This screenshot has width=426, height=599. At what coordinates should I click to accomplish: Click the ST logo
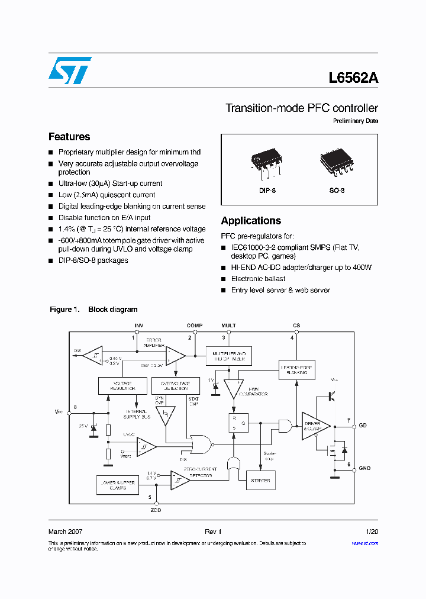(x=70, y=70)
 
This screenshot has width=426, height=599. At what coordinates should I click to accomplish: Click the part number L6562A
(x=353, y=78)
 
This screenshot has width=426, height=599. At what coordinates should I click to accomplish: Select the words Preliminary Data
(x=356, y=121)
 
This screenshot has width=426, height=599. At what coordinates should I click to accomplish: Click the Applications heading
(x=251, y=221)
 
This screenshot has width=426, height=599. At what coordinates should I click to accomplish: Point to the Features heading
(x=69, y=137)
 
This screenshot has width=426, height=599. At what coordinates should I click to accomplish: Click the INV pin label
(x=139, y=326)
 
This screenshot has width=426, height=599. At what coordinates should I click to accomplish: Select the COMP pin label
(x=195, y=326)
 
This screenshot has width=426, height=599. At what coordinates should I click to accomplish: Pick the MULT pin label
(x=228, y=326)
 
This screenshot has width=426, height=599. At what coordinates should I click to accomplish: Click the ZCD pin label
(x=155, y=510)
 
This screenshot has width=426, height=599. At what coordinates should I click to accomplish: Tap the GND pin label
(x=364, y=468)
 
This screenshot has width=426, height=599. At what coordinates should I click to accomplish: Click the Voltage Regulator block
(x=122, y=385)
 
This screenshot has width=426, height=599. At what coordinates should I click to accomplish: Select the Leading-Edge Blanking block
(x=296, y=371)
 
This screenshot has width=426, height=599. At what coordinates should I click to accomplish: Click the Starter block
(x=260, y=480)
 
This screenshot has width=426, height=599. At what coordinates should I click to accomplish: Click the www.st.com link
(x=364, y=543)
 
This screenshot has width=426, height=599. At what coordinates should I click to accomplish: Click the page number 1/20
(x=372, y=532)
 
